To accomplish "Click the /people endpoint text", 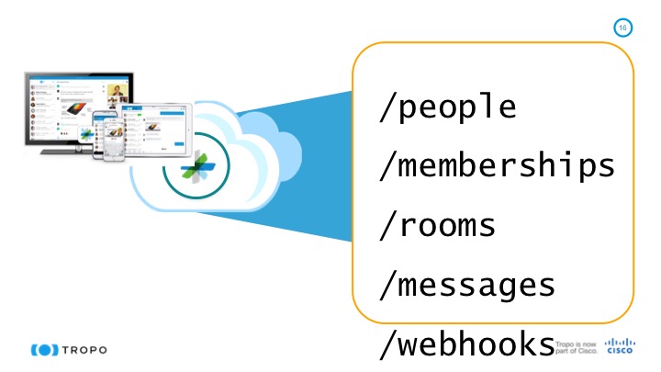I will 448,107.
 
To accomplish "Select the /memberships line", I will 497,166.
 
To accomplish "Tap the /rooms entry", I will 437,225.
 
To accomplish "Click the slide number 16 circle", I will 623,28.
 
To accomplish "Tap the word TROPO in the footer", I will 86,350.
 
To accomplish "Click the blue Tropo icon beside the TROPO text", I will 45,350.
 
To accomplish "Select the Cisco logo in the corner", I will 618,346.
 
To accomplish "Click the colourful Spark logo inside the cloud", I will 197,165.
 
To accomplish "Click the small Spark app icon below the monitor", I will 86,135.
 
